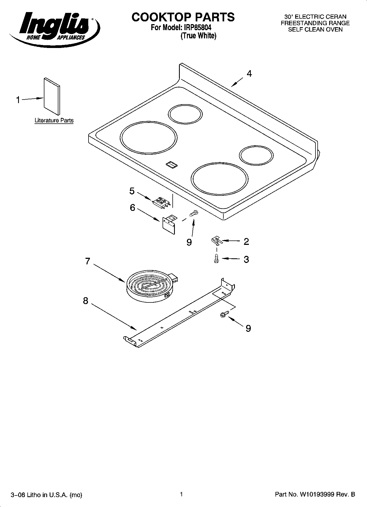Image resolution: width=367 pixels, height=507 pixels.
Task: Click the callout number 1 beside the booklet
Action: click(x=18, y=100)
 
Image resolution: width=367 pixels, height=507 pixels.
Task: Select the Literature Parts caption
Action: click(x=54, y=120)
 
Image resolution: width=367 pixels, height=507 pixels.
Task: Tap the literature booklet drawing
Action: click(x=52, y=96)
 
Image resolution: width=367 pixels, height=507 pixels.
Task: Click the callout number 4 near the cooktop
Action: click(x=249, y=73)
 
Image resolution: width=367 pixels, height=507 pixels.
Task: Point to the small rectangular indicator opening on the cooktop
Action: click(x=171, y=164)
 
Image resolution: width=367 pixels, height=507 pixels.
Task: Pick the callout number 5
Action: click(x=132, y=191)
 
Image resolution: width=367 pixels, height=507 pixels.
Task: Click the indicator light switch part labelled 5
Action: click(x=161, y=202)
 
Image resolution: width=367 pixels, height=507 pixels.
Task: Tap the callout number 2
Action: click(x=246, y=242)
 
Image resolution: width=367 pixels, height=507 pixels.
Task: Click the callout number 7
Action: click(x=87, y=261)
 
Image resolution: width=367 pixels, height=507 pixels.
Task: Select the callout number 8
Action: click(x=86, y=301)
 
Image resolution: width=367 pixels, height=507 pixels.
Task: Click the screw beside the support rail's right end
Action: click(x=224, y=315)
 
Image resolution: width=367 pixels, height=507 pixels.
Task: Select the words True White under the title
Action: click(x=198, y=36)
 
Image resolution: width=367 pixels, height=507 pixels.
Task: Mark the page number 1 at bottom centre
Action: click(x=181, y=494)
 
